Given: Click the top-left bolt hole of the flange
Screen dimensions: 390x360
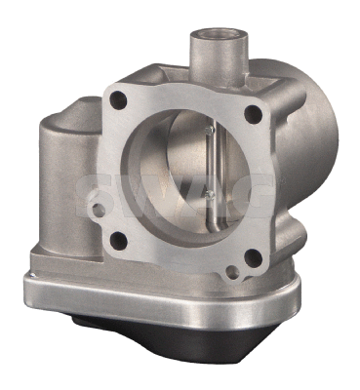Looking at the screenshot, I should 119,97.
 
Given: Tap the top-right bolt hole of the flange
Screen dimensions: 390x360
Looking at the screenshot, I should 252,115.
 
